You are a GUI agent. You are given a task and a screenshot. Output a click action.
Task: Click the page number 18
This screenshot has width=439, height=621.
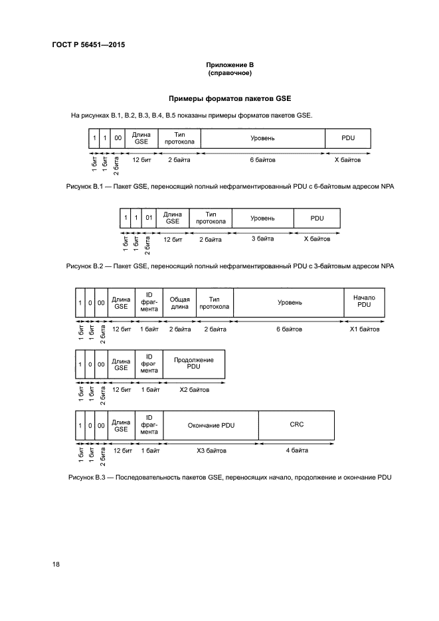pyautogui.click(x=56, y=564)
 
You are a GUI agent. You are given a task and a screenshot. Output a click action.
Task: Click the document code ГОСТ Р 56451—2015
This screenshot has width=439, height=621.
pyautogui.click(x=89, y=44)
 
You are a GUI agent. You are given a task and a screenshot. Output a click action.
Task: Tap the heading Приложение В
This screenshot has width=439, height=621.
pyautogui.click(x=230, y=65)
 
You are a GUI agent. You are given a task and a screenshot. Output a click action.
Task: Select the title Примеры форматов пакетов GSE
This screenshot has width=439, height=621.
pyautogui.click(x=230, y=98)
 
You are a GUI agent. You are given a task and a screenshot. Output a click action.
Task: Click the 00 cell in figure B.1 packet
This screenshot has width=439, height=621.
pyautogui.click(x=118, y=138)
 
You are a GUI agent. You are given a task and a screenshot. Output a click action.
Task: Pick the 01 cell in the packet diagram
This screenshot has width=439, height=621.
pyautogui.click(x=149, y=218)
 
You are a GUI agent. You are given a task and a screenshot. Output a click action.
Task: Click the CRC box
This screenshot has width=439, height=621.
pyautogui.click(x=296, y=425)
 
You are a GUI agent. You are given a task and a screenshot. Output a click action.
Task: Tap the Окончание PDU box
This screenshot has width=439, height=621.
pyautogui.click(x=211, y=425)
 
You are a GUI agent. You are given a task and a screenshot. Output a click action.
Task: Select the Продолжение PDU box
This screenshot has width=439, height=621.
pyautogui.click(x=194, y=363)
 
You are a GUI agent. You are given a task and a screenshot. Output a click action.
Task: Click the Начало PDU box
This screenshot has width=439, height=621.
pyautogui.click(x=364, y=302)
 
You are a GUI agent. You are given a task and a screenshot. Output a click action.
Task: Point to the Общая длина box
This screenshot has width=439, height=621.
pyautogui.click(x=180, y=302)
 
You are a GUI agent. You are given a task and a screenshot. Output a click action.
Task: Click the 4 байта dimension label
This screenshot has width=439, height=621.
pyautogui.click(x=297, y=450)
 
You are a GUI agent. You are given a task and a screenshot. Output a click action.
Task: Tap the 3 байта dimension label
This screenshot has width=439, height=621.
pyautogui.click(x=263, y=239)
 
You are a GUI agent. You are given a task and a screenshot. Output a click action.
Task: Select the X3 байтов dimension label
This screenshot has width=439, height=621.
pyautogui.click(x=211, y=451)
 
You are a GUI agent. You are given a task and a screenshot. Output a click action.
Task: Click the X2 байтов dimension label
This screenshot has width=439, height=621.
pyautogui.click(x=195, y=390)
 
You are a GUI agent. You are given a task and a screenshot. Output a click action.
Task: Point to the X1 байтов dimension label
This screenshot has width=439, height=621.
pyautogui.click(x=365, y=329)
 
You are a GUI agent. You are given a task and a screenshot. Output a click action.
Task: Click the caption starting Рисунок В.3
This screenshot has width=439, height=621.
pyautogui.click(x=230, y=478)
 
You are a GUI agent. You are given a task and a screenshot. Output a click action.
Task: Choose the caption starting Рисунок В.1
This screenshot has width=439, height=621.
pyautogui.click(x=230, y=187)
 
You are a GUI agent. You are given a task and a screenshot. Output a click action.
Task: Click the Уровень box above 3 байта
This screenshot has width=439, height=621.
pyautogui.click(x=263, y=218)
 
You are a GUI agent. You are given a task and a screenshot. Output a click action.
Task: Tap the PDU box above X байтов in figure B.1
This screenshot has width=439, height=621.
pyautogui.click(x=348, y=138)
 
